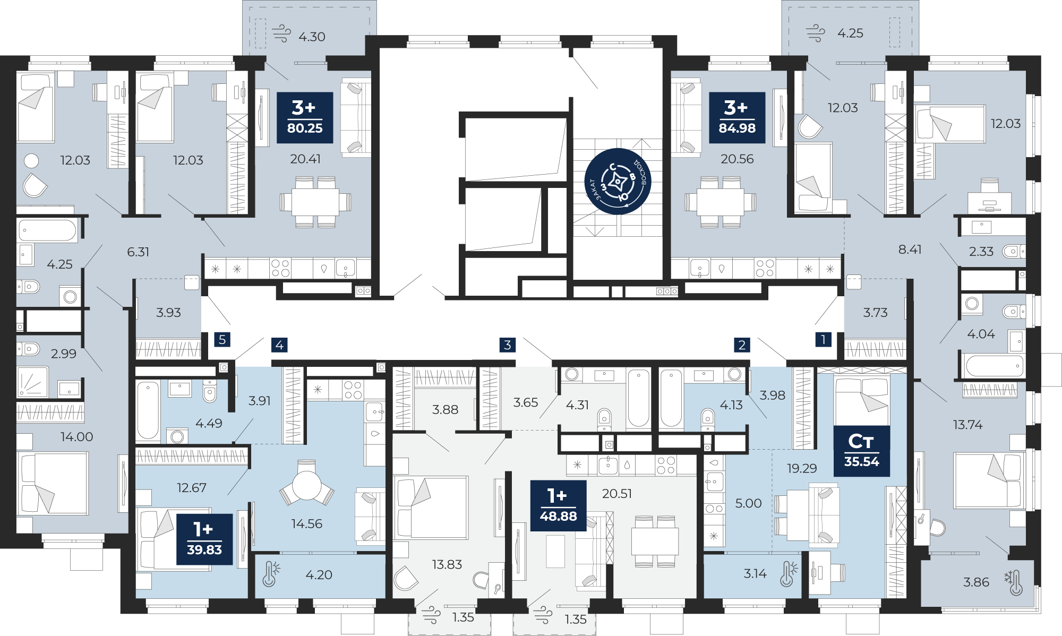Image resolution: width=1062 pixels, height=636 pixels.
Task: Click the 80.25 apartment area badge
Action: point(305,118)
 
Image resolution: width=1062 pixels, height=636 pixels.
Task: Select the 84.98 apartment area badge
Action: point(737,118)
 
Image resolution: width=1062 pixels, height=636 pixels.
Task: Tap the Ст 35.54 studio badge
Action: point(862,451)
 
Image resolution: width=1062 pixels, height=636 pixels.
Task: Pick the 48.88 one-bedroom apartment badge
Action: point(558,506)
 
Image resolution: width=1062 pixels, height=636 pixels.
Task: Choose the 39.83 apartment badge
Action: point(204,539)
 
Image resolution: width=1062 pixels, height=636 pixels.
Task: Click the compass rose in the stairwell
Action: point(618,182)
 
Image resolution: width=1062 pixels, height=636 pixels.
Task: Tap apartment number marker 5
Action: point(222,340)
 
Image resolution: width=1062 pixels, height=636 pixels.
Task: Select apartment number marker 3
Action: point(508,345)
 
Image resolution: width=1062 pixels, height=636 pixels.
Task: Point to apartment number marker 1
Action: point(824,340)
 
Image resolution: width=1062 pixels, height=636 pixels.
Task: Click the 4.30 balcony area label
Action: point(312,37)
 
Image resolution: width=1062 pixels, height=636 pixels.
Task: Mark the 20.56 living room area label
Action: point(737,159)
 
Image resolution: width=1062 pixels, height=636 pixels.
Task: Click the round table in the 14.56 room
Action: point(307,485)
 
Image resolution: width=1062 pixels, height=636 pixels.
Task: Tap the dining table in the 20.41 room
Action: point(316,202)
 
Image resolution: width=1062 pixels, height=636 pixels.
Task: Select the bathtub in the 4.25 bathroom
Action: point(48,231)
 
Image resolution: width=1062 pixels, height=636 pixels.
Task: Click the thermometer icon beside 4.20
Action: point(270,574)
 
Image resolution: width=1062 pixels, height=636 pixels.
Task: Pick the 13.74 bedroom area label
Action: point(967,425)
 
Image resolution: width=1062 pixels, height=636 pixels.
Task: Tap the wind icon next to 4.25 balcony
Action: point(816,33)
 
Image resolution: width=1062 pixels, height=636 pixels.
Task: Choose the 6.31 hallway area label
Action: point(138,252)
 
